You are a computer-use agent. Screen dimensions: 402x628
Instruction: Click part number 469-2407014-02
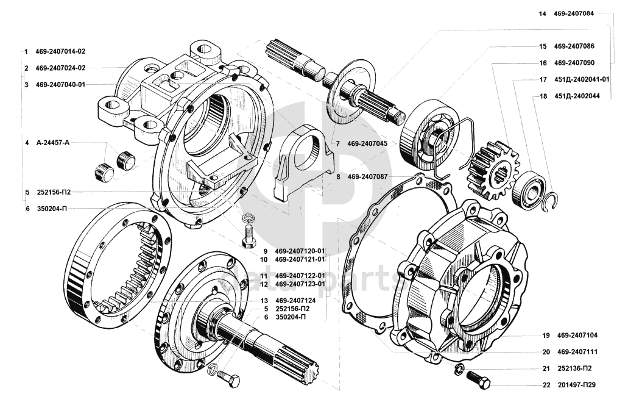60,51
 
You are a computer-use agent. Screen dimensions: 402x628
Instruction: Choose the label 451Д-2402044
577,96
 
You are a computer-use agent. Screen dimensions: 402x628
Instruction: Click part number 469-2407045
372,143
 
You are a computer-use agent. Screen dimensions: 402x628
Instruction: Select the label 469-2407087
372,177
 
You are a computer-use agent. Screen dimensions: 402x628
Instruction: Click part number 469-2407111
577,351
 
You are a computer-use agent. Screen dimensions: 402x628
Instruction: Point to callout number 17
542,79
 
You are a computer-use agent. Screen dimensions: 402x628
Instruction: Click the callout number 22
546,385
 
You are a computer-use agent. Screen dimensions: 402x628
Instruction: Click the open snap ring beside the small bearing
552,201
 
